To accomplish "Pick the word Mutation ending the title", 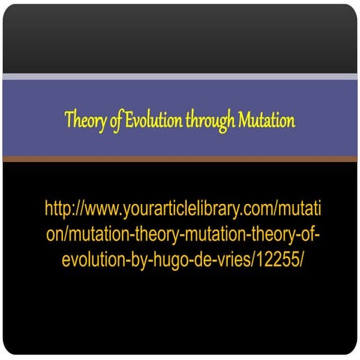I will (x=266, y=120).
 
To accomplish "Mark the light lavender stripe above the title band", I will (x=180, y=76).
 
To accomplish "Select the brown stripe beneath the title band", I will (x=180, y=159).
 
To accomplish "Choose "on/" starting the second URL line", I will (x=57, y=233).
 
